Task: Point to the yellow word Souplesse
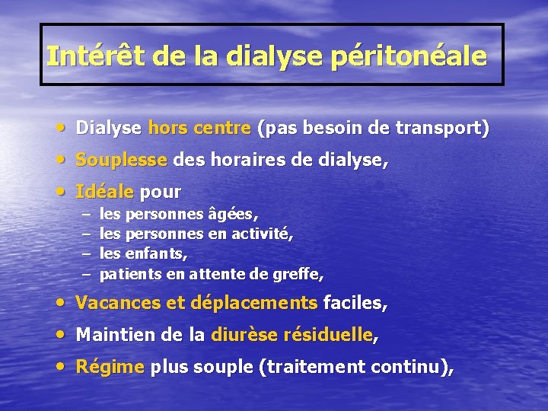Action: [x=121, y=161]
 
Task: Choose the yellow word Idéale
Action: [x=104, y=191]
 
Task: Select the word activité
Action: [x=263, y=234]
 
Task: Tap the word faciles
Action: [x=354, y=304]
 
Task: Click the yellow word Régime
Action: [x=110, y=367]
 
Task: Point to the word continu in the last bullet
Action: [x=407, y=367]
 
